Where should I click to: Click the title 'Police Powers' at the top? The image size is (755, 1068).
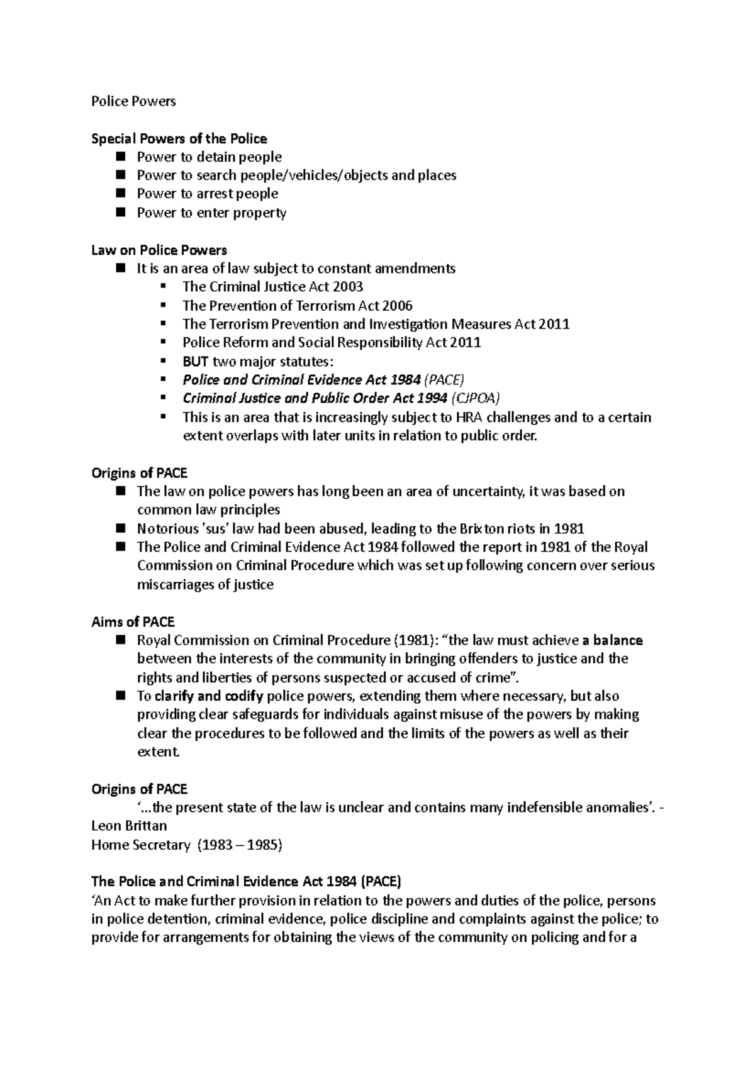[x=133, y=101]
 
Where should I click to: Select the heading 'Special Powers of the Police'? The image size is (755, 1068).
[x=179, y=138]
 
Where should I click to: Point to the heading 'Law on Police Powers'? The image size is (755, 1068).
[x=159, y=250]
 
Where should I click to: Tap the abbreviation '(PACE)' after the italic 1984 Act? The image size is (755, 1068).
[x=444, y=380]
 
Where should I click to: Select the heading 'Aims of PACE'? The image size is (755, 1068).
[x=132, y=622]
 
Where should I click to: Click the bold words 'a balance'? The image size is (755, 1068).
[x=613, y=640]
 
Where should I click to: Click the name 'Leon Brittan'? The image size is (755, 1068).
[x=129, y=825]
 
